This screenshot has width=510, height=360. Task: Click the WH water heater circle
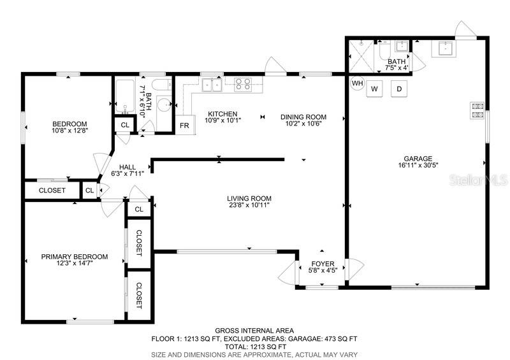pos(358,83)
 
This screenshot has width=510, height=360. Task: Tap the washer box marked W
pos(374,89)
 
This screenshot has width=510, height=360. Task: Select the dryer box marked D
pos(399,89)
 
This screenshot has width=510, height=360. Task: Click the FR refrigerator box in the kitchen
pos(185,125)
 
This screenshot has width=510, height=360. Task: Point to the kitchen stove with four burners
pos(243,84)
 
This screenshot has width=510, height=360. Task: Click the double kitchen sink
pos(212,85)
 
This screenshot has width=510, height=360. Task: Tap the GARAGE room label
pos(418,159)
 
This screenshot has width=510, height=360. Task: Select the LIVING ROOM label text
pos(249,198)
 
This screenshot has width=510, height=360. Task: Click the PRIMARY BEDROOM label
pos(75,257)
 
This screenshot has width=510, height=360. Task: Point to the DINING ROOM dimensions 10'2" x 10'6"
pos(303,124)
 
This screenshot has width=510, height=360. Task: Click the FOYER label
pos(323,264)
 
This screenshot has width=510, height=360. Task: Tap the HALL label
pos(127,167)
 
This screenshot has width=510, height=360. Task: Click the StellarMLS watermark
pos(478,180)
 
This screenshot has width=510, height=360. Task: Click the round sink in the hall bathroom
pos(164,104)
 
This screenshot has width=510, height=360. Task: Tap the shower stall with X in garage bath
pos(361,55)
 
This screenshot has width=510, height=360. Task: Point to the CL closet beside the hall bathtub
pos(125,125)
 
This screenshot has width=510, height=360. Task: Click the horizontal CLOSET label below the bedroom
pos(52,191)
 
